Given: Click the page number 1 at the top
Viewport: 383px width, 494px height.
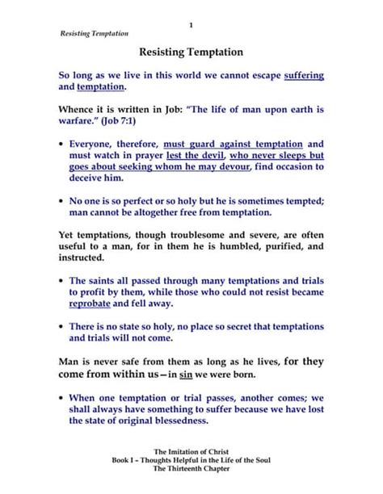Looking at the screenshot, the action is pyautogui.click(x=191, y=25).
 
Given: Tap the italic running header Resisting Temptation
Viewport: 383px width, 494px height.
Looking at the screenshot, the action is pyautogui.click(x=95, y=34).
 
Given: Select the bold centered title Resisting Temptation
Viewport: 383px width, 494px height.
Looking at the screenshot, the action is pyautogui.click(x=191, y=52).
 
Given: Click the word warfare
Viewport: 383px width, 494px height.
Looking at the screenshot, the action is pyautogui.click(x=78, y=120).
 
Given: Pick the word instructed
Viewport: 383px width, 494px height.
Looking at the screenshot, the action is pyautogui.click(x=81, y=257).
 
